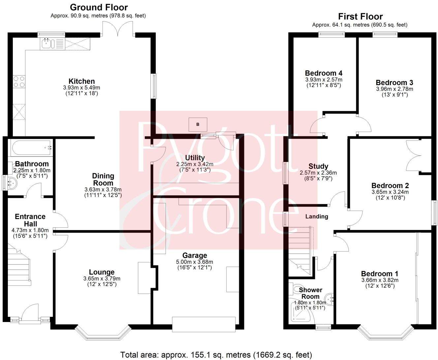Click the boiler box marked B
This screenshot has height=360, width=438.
(198, 124)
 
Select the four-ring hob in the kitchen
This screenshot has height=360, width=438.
(19, 82)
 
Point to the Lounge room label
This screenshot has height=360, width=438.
(102, 272)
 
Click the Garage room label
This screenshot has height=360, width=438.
(195, 255)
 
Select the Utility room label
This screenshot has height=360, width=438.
(195, 158)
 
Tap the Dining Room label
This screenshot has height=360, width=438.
(103, 180)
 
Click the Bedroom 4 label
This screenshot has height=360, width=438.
(323, 73)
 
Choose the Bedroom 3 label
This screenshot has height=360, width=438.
(394, 82)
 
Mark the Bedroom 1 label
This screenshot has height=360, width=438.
(380, 274)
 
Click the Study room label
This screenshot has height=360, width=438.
(318, 166)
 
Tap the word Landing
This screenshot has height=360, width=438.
(317, 216)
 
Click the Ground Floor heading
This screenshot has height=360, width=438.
(99, 7)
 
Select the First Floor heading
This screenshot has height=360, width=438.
(360, 16)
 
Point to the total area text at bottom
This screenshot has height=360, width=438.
(216, 355)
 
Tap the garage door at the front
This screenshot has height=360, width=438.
(203, 324)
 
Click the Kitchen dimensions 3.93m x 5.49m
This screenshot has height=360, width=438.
(81, 88)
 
